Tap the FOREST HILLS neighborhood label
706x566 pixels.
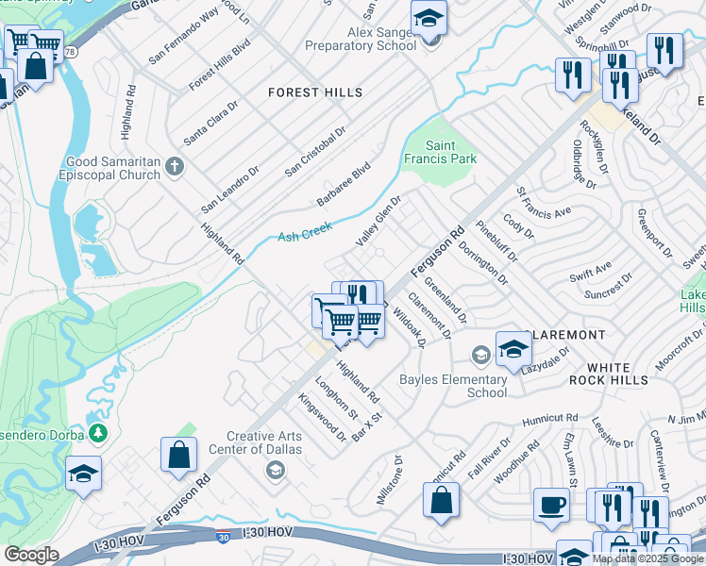pos(315,92)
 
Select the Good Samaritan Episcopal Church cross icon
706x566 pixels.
pos(174,168)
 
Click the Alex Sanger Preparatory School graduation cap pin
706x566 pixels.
pos(429,18)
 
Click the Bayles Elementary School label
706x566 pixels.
pos(453,386)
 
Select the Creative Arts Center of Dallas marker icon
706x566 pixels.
pos(275,470)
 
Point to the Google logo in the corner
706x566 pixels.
pos(31,555)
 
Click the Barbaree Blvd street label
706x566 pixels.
pos(344,184)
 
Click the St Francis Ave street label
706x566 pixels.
pos(544,203)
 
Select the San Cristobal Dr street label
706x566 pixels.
pos(316,151)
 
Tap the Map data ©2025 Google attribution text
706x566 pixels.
pos(647,558)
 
